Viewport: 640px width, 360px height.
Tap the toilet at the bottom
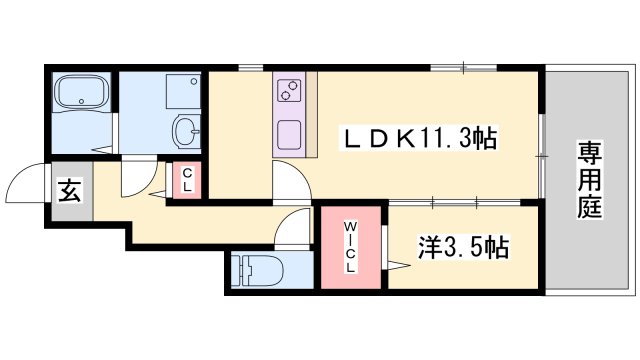(x=258, y=271)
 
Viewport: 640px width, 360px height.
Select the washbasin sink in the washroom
(x=187, y=131)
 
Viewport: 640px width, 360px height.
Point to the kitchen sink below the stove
(x=289, y=135)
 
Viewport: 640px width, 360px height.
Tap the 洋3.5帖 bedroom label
(x=463, y=247)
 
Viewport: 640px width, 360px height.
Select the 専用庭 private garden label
(x=589, y=180)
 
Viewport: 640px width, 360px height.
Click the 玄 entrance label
(x=69, y=191)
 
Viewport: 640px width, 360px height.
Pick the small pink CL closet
(x=187, y=180)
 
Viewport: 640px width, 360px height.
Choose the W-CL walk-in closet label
(x=350, y=247)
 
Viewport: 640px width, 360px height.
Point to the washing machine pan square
(x=183, y=91)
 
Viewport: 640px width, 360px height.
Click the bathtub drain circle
(x=82, y=102)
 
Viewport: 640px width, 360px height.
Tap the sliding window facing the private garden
(x=542, y=156)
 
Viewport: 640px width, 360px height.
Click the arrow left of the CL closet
(x=159, y=195)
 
